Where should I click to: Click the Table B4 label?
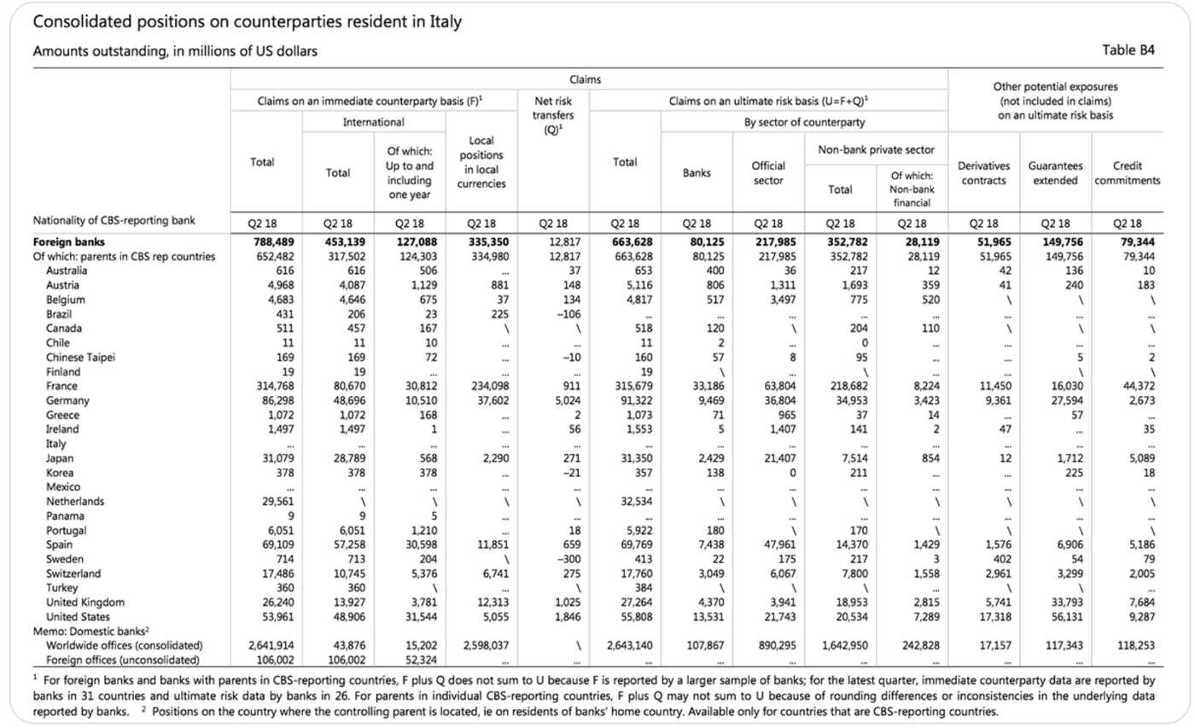tap(1128, 50)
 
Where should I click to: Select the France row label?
tap(61, 386)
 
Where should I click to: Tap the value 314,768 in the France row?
tap(275, 386)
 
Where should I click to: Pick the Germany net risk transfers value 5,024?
tap(567, 400)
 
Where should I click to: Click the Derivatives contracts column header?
tap(983, 173)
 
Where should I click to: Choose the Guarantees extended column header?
tap(1055, 173)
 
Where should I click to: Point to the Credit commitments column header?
tap(1128, 173)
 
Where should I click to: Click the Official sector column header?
tap(768, 173)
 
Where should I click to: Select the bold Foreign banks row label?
tap(69, 242)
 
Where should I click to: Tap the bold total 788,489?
tap(274, 242)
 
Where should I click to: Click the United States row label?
tap(78, 617)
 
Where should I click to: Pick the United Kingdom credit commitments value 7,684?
tap(1142, 603)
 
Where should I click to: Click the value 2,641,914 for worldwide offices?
tap(271, 646)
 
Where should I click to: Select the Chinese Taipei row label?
tap(80, 358)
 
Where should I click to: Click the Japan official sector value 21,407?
tap(779, 458)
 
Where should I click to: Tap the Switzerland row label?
tap(73, 574)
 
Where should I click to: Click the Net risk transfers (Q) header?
tap(553, 115)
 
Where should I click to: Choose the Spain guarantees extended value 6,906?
tap(1070, 545)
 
